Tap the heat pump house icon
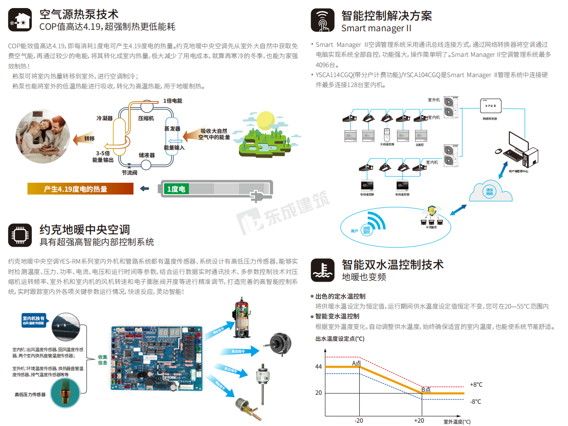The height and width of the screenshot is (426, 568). (x=20, y=20)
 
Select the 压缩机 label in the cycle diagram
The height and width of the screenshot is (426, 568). (x=146, y=118)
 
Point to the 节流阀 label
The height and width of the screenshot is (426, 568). (x=129, y=173)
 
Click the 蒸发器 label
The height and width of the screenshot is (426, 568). (x=172, y=129)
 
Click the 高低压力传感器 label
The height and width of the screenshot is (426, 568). (x=30, y=394)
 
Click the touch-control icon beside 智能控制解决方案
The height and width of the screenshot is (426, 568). (x=322, y=20)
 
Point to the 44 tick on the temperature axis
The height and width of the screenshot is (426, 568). (x=318, y=367)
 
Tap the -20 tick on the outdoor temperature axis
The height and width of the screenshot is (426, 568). (x=359, y=420)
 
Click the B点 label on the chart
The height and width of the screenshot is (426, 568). (x=426, y=390)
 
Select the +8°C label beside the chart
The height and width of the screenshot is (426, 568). (x=476, y=384)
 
